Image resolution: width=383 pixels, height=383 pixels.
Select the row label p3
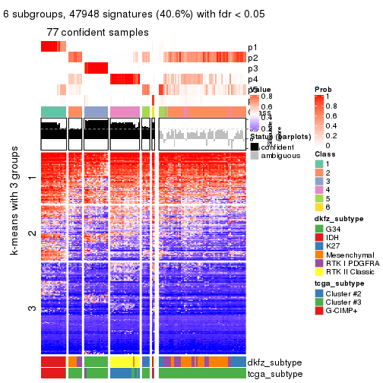coord(252,69)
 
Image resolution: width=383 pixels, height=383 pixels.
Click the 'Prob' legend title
coord(323,90)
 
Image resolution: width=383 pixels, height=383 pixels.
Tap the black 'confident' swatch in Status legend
coord(255,146)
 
